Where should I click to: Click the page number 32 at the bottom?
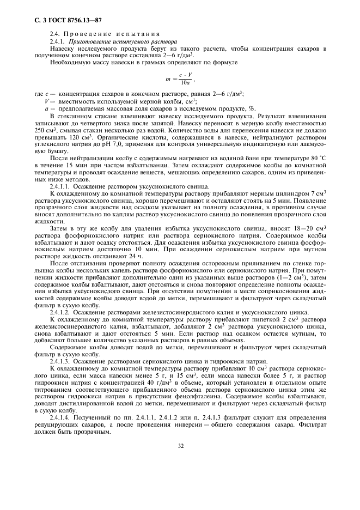point(180,445)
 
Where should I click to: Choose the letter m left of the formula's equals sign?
point(168,80)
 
